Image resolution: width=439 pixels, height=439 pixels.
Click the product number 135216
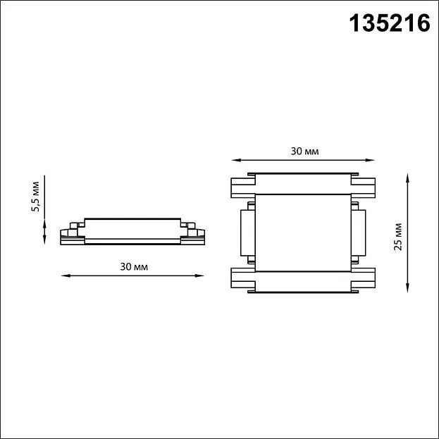pyautogui.click(x=390, y=23)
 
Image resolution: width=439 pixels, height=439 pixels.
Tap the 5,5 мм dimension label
pyautogui.click(x=35, y=197)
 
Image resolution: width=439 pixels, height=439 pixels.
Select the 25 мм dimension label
pyautogui.click(x=398, y=237)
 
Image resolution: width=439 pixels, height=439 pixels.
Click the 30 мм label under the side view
pyautogui.click(x=134, y=266)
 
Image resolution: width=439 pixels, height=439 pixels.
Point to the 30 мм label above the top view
pyautogui.click(x=304, y=152)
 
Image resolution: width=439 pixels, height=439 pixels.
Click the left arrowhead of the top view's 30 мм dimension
pyautogui.click(x=236, y=160)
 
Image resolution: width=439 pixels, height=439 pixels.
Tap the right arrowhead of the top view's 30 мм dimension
pyautogui.click(x=370, y=160)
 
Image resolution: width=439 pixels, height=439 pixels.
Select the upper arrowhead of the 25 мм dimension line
pyautogui.click(x=407, y=178)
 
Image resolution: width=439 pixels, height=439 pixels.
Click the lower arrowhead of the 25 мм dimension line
pyautogui.click(x=407, y=287)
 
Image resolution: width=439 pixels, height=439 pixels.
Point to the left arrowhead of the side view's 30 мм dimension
pyautogui.click(x=66, y=276)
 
